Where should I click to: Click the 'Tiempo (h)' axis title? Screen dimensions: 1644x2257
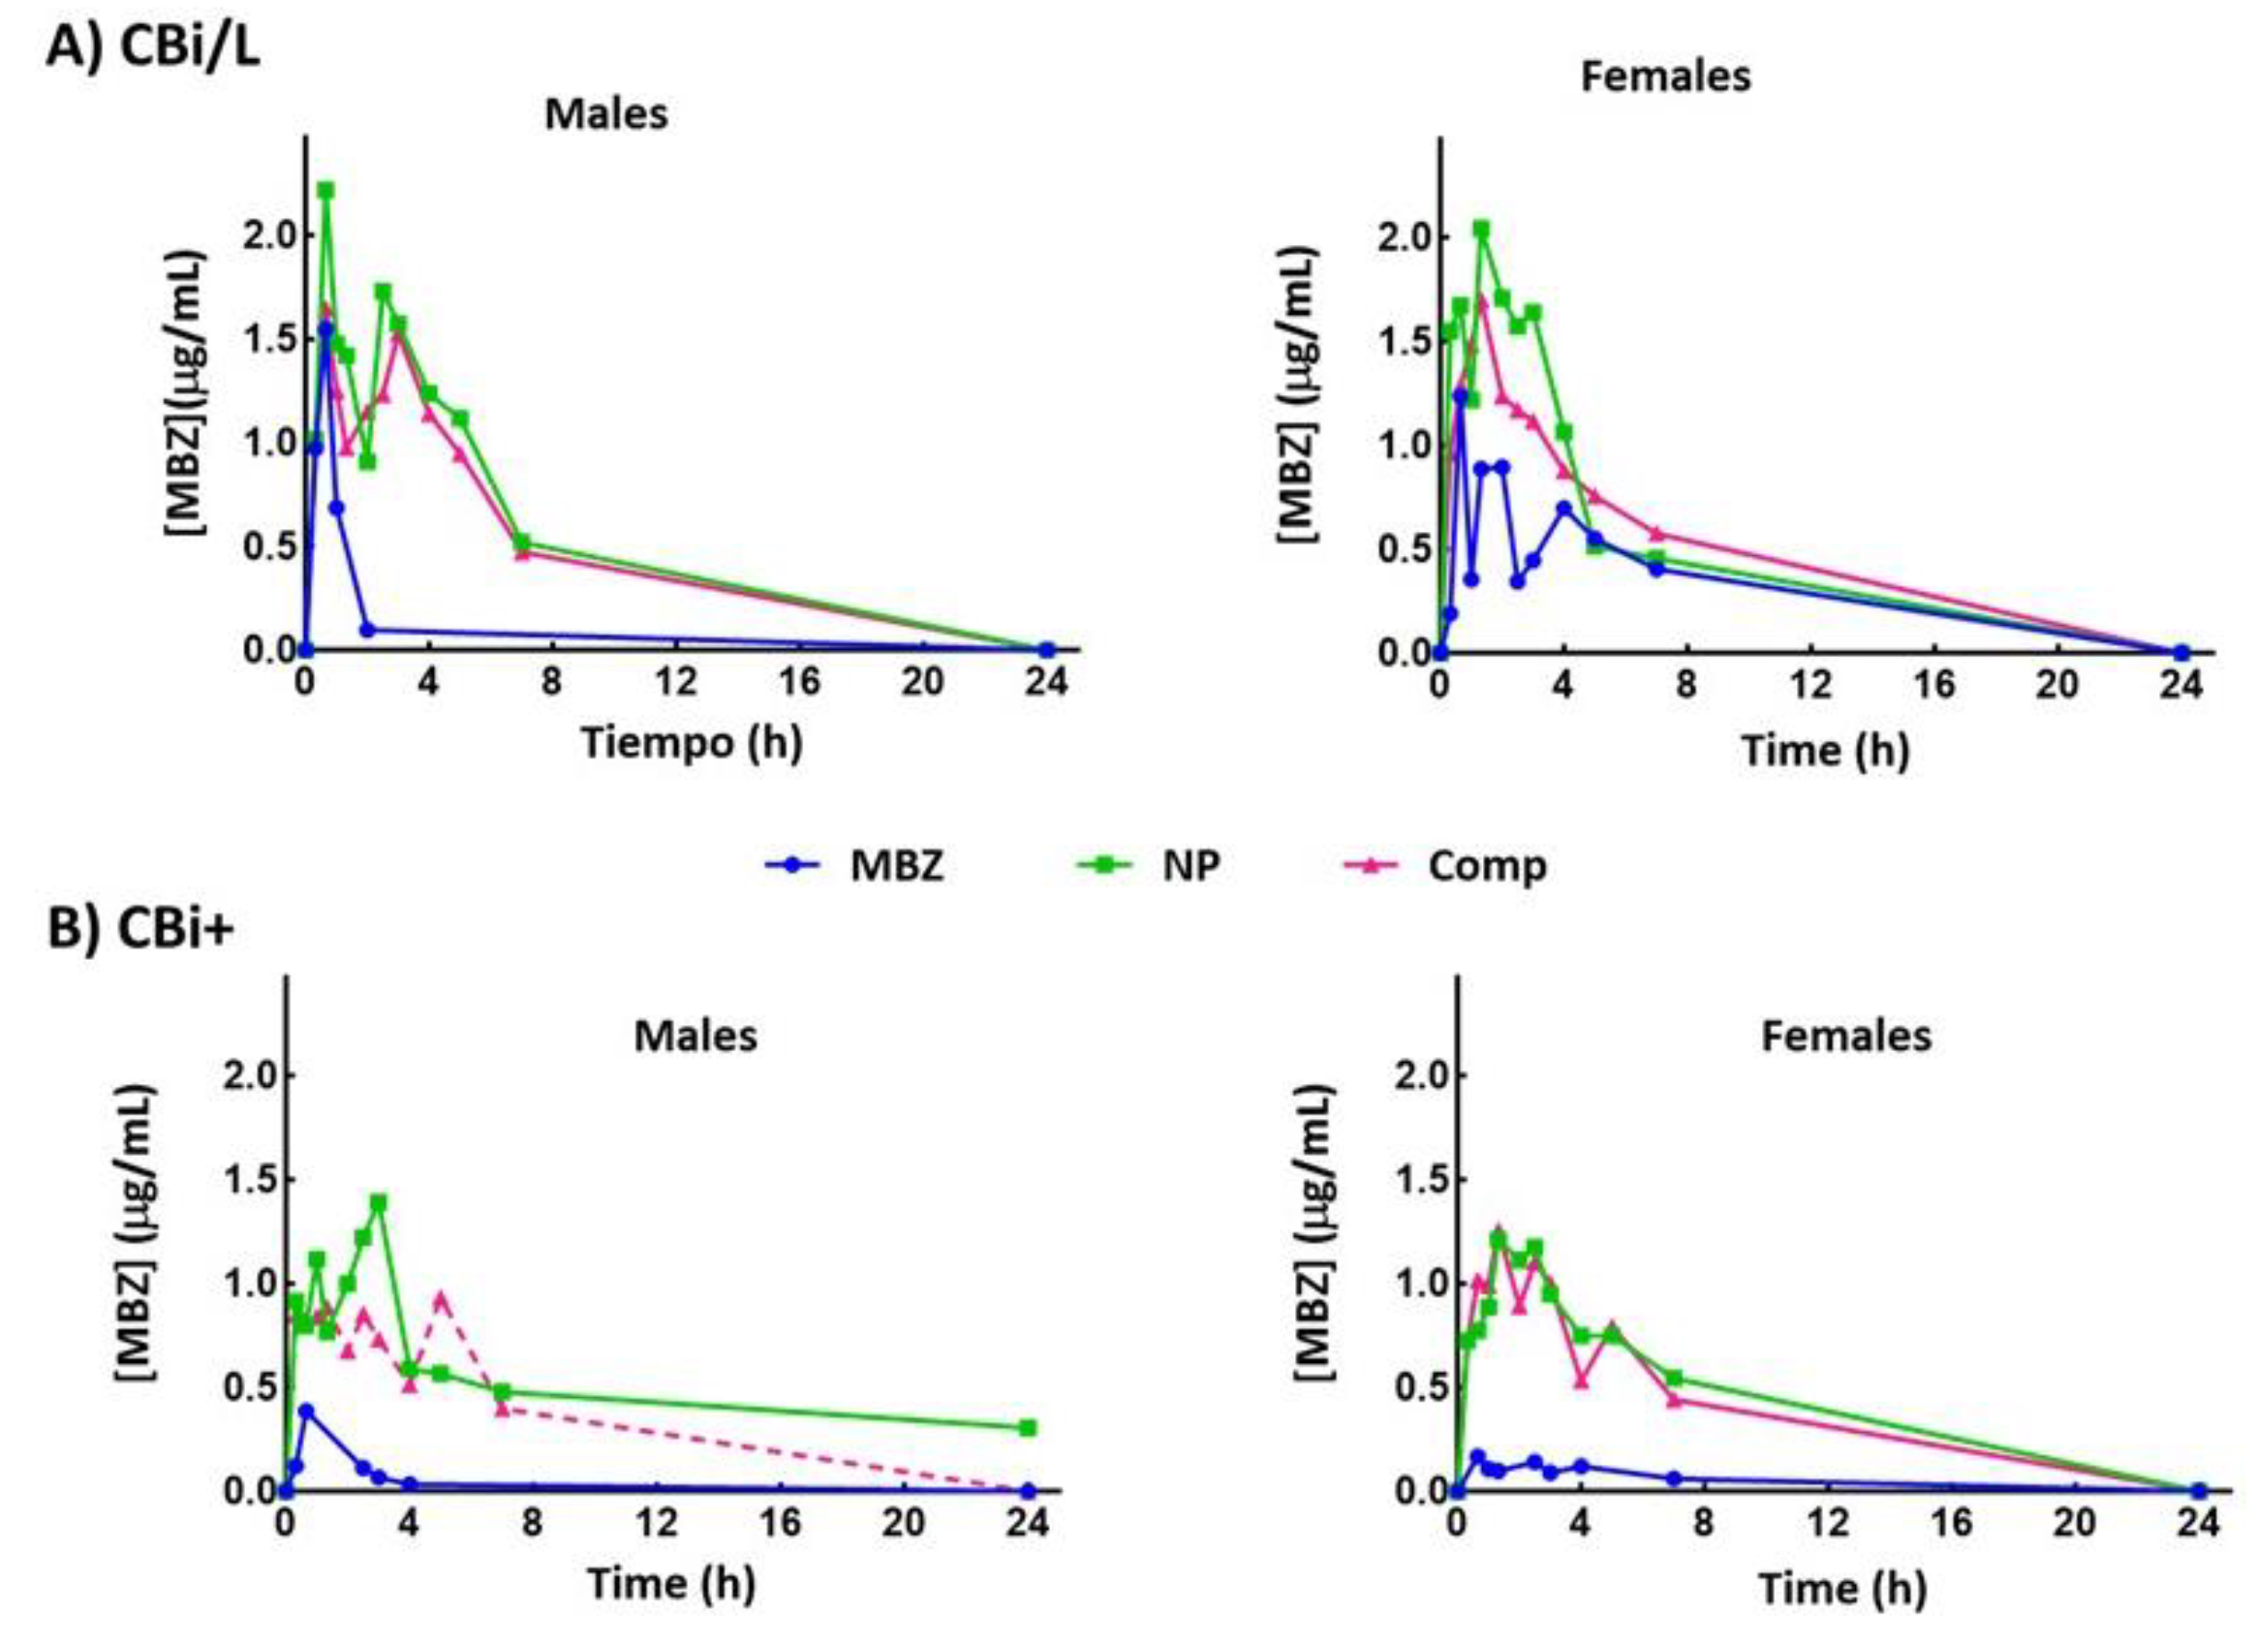(692, 741)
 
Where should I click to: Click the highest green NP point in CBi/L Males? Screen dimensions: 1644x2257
(325, 190)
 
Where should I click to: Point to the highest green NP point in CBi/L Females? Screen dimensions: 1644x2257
(1481, 229)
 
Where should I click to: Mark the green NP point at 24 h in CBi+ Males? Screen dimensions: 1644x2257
(1028, 1427)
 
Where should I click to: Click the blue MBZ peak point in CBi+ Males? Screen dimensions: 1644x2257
(306, 1411)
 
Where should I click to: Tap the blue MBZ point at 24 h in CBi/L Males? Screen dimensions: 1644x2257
(1046, 650)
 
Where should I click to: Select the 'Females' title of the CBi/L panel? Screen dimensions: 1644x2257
(1665, 77)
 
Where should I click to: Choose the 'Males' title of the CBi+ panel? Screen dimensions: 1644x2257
(696, 1036)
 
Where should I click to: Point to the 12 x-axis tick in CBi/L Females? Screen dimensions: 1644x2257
(1810, 684)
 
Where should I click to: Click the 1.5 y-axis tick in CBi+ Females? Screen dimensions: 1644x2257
(1419, 1179)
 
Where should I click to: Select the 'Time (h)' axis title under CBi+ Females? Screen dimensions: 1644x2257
(1842, 1587)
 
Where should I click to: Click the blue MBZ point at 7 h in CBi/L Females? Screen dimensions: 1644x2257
(1655, 569)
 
